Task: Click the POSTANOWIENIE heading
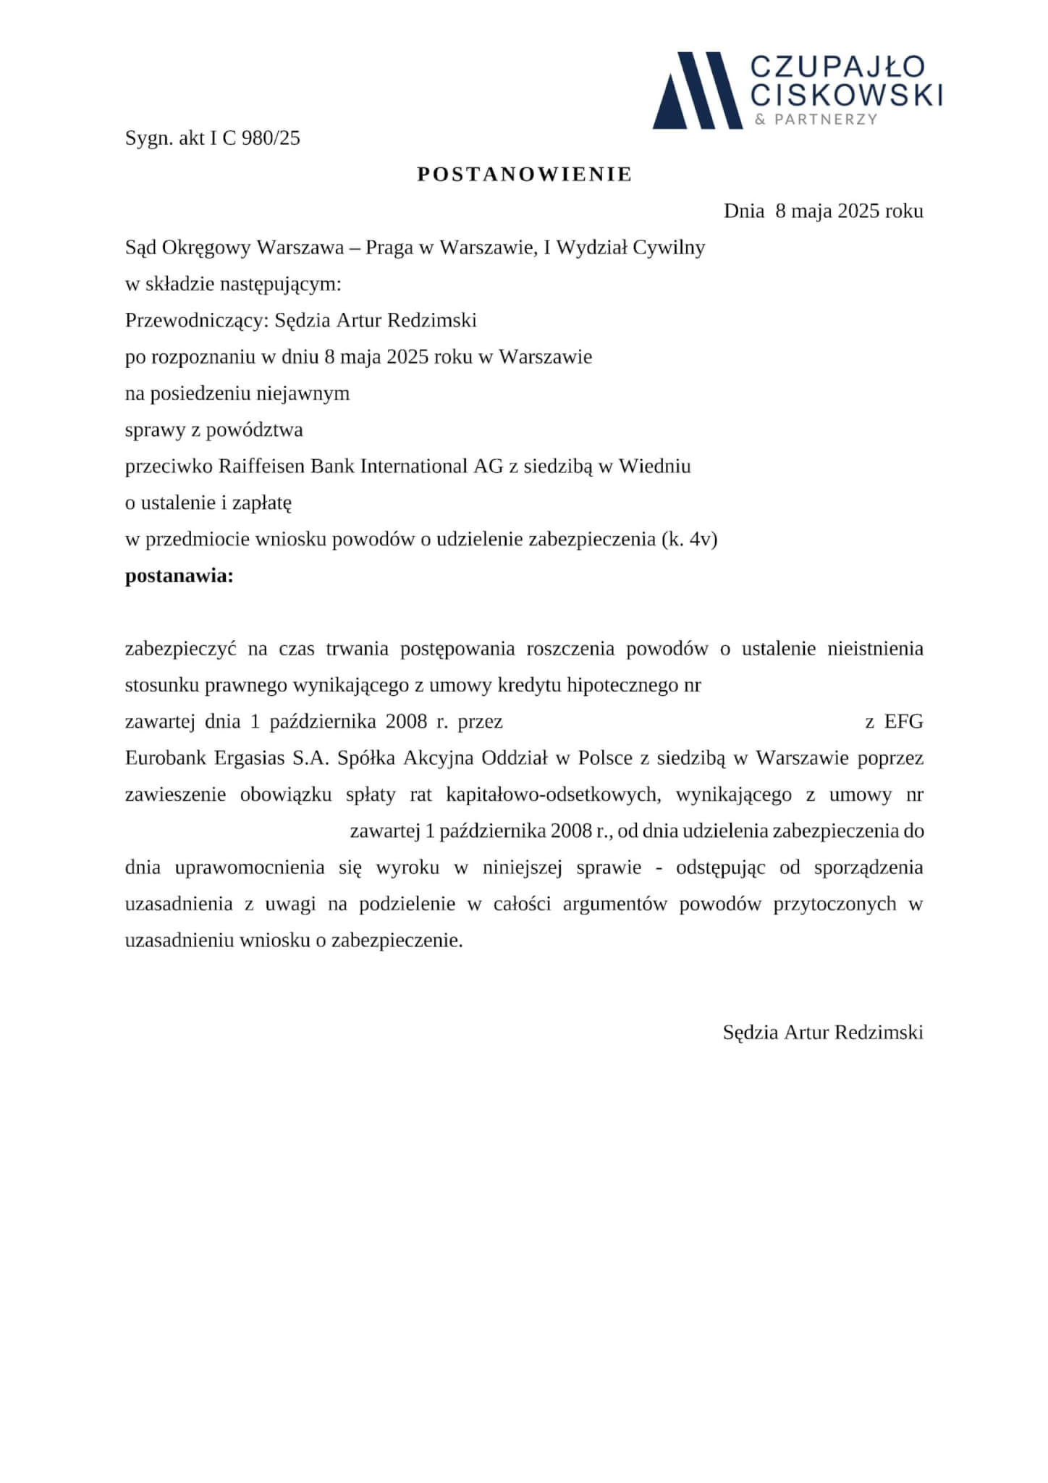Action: (525, 175)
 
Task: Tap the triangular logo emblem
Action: (696, 91)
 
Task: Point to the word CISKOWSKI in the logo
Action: (845, 95)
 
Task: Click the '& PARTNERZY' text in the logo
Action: (816, 119)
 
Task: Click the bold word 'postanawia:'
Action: (179, 576)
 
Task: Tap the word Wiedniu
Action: (654, 466)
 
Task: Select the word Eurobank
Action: (166, 758)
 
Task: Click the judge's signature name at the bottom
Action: (823, 1032)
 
